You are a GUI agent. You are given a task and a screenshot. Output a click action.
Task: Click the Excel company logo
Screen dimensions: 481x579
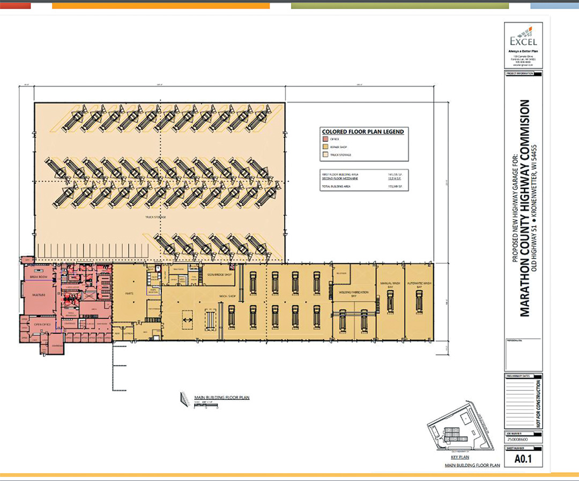click(523, 35)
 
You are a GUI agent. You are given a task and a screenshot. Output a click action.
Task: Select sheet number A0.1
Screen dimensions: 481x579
click(523, 459)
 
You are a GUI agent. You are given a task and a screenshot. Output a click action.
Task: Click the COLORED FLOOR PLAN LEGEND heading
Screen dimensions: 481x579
click(362, 132)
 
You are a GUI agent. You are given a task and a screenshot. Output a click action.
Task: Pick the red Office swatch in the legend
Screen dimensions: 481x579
click(325, 139)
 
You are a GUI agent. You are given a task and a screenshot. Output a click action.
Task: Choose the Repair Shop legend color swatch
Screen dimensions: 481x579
click(325, 147)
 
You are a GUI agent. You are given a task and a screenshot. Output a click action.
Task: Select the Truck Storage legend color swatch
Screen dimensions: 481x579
click(325, 155)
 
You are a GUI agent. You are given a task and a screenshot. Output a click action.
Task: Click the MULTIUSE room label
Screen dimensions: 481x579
click(37, 294)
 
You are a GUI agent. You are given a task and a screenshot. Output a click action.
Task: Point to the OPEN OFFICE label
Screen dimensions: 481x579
click(42, 325)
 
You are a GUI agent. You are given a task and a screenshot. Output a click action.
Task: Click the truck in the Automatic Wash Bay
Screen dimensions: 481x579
click(420, 304)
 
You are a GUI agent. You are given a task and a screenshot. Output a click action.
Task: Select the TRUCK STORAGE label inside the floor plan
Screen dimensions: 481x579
click(155, 217)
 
